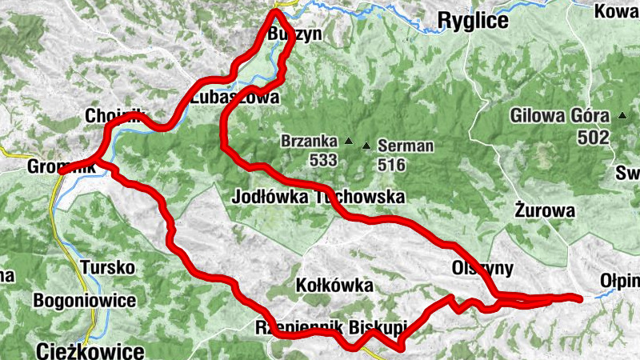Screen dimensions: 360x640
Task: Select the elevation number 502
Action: (x=593, y=138)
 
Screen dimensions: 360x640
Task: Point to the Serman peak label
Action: (x=406, y=146)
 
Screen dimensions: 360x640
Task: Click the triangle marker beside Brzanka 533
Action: (x=349, y=142)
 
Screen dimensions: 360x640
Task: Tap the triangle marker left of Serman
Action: (x=366, y=146)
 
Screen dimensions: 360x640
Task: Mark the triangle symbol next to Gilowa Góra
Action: (x=622, y=115)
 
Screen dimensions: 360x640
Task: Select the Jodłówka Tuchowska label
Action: (x=318, y=197)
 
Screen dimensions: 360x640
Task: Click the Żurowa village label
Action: (x=546, y=212)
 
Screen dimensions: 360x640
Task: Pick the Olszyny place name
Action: (x=482, y=267)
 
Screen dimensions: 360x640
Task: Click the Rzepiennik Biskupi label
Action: (x=330, y=327)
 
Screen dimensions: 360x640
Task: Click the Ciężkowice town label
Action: (x=90, y=350)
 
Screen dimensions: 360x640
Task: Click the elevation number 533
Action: (x=323, y=160)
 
